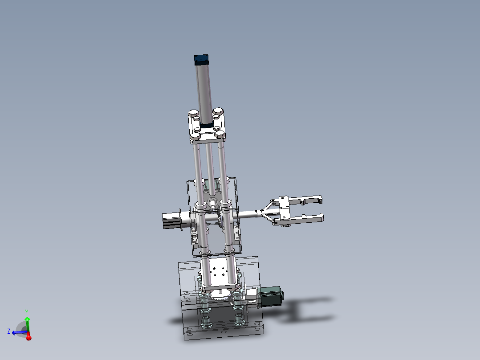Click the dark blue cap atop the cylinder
[x=201, y=59]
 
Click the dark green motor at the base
[x=270, y=296]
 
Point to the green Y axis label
[x=27, y=312]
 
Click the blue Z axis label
[x=8, y=331]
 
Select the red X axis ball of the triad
[x=28, y=338]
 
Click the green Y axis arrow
[x=27, y=323]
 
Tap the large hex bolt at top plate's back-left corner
[x=193, y=113]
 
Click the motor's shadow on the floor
[x=303, y=309]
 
